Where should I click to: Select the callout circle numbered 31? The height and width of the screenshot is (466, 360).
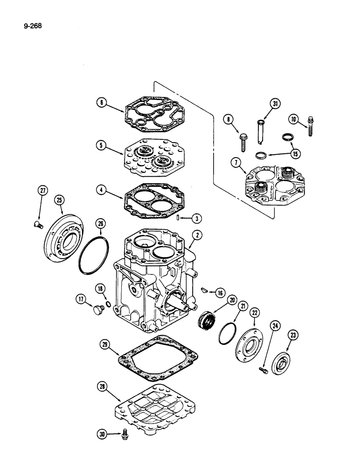(x=275, y=105)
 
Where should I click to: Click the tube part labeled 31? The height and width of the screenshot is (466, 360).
(x=259, y=132)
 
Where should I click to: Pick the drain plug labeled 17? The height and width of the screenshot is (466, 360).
(x=98, y=309)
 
